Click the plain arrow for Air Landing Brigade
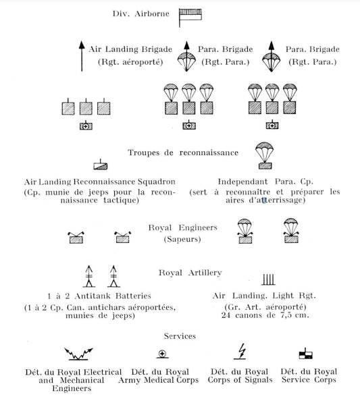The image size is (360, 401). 82,56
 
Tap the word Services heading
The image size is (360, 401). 180,336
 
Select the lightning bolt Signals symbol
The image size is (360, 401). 240,352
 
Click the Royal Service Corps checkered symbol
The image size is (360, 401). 305,354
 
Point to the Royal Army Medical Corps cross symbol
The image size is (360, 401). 162,354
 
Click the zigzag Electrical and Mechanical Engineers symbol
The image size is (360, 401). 78,354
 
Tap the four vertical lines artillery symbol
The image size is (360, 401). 268,279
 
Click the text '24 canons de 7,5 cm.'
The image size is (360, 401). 265,315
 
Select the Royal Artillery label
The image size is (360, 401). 190,273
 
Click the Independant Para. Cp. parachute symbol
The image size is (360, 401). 265,156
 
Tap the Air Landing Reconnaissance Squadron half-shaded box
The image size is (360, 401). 100,165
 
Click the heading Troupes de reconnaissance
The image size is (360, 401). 183,153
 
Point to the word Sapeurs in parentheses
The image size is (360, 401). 182,240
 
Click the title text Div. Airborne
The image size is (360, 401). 141,14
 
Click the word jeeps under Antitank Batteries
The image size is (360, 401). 122,316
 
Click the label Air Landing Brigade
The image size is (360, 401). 130,49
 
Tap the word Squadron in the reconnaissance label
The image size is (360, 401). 157,182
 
